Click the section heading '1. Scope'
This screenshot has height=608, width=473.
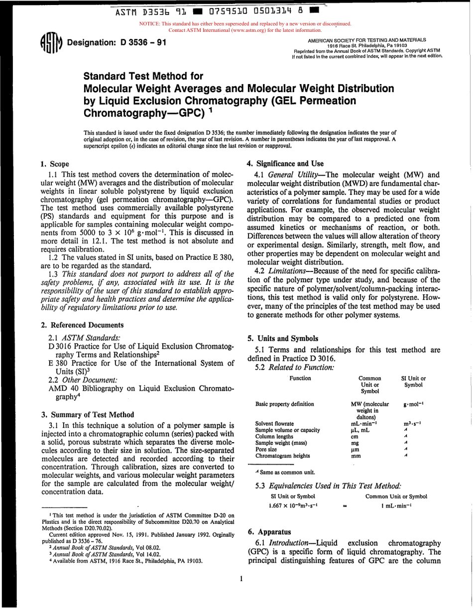pos(54,164)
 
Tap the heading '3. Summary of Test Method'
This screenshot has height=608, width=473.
pos(87,414)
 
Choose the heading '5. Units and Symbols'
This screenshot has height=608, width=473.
pos(282,338)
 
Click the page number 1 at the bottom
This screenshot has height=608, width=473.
pos(240,579)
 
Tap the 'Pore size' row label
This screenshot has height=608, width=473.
pos(267,449)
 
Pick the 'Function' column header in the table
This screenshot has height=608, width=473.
pos(300,378)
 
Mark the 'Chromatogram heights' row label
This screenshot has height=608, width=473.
pos(282,456)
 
